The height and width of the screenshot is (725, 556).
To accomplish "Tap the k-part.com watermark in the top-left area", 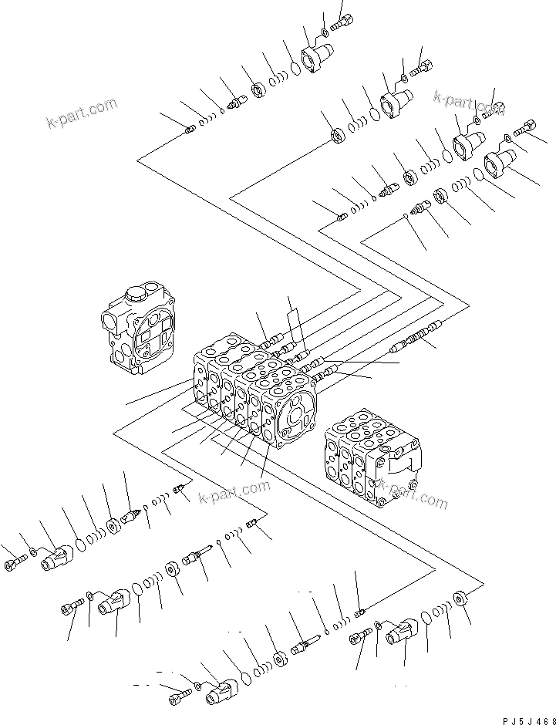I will [x=81, y=113].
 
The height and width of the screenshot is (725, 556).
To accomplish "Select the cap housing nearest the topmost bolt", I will [x=315, y=57].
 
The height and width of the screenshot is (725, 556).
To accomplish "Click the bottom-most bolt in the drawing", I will [x=178, y=699].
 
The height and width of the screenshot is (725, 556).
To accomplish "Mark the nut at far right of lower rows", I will [x=460, y=598].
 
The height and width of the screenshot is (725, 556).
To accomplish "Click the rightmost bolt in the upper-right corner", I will [x=527, y=127].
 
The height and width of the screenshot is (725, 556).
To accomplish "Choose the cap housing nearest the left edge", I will [x=58, y=558].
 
